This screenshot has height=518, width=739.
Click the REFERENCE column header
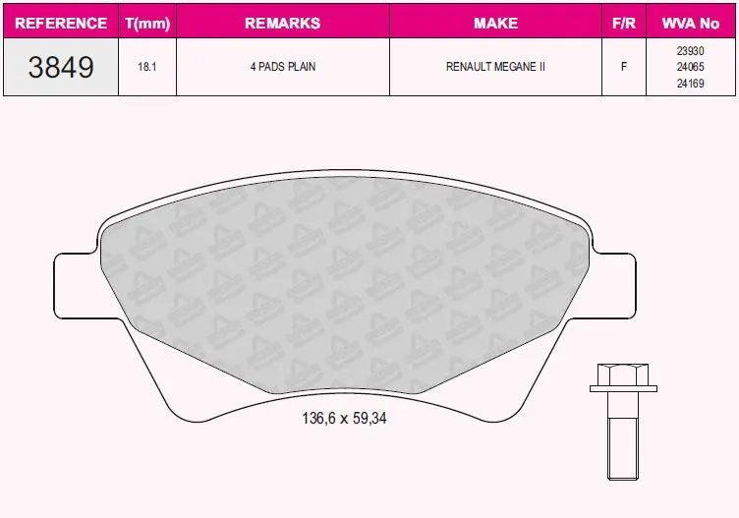[x=61, y=23]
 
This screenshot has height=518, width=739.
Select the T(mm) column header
[x=147, y=23]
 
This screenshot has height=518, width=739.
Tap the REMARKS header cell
[x=283, y=23]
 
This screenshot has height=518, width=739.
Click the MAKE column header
[x=496, y=23]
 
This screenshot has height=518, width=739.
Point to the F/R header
[x=624, y=23]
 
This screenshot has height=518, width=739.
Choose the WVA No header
[x=691, y=23]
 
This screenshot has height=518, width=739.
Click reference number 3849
[x=61, y=67]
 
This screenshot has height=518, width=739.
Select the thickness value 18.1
[x=147, y=67]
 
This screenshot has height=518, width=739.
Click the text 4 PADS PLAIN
[x=283, y=67]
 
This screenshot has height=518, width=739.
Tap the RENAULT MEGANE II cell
[x=496, y=67]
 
